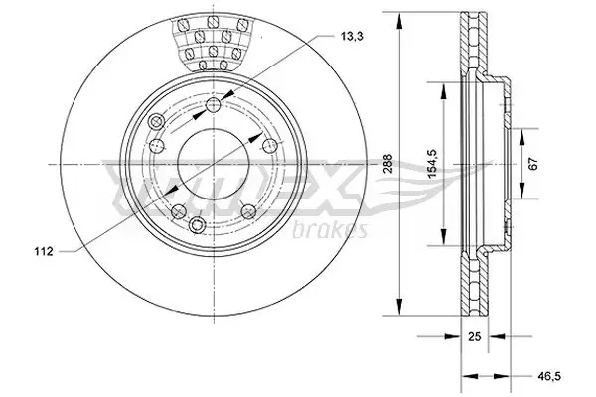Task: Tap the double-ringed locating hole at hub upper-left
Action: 155,122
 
